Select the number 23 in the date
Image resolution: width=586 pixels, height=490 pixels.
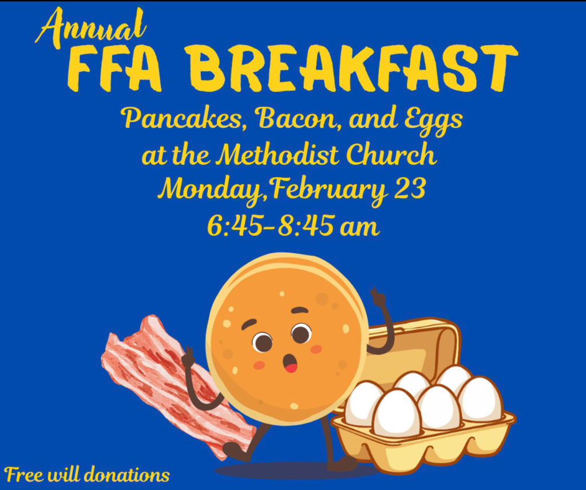pos(410,189)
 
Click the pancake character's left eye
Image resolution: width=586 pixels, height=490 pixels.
pos(263,342)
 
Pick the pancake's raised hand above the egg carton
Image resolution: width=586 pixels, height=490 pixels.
pos(378,297)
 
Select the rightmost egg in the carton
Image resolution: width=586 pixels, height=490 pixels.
pos(480,399)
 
